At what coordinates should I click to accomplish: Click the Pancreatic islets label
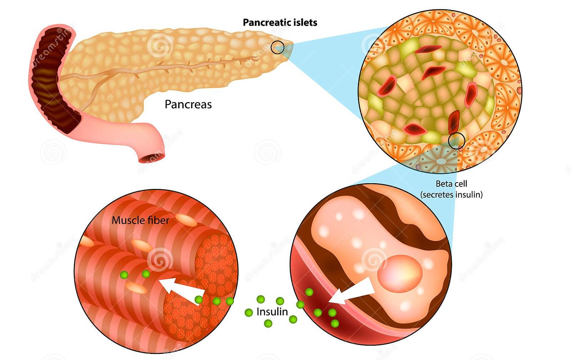(280, 22)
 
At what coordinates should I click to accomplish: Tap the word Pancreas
(188, 104)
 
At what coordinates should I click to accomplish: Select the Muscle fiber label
(140, 220)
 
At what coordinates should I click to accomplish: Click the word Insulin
(272, 312)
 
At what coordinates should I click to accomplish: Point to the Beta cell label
(451, 184)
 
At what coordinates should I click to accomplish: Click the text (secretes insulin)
(451, 195)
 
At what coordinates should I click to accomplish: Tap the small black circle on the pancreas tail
(277, 47)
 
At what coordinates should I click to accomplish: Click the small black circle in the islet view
(456, 141)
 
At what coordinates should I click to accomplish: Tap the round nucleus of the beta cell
(400, 273)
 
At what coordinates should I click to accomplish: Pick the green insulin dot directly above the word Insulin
(261, 299)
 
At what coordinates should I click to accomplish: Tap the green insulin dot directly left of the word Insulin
(249, 313)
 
